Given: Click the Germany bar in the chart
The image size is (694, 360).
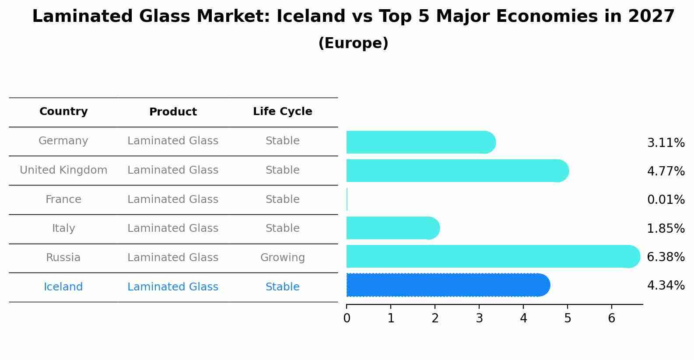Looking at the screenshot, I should click(420, 142).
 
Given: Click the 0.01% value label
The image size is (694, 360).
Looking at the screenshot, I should click(666, 200).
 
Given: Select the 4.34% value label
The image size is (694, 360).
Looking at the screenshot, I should click(666, 286).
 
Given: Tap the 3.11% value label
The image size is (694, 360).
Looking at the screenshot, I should click(666, 143).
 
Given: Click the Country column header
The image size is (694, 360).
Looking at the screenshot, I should click(63, 112).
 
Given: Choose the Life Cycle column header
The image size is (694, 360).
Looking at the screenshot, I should click(282, 112).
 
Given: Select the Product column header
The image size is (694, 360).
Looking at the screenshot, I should click(173, 112).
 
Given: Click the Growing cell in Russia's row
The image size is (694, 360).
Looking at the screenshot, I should click(282, 258).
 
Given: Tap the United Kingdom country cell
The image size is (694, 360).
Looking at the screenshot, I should click(63, 170).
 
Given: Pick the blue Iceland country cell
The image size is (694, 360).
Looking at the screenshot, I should click(63, 287).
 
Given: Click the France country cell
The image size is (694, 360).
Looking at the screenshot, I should click(63, 199).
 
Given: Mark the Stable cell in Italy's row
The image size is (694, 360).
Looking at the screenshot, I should click(282, 228).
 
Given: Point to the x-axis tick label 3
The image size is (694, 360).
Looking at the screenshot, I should click(479, 318).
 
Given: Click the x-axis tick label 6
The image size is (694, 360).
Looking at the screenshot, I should click(612, 318).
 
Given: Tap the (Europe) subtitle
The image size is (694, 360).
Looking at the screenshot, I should click(353, 43).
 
